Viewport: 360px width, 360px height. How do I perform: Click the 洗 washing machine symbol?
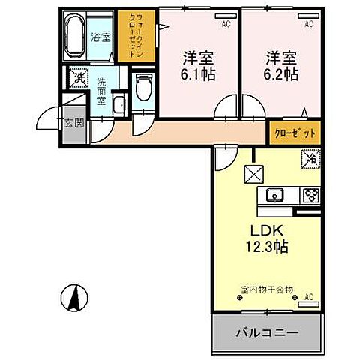click(79, 78)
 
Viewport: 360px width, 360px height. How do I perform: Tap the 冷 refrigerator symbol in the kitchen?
click(310, 159)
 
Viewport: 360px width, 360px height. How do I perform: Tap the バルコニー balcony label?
click(268, 331)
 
